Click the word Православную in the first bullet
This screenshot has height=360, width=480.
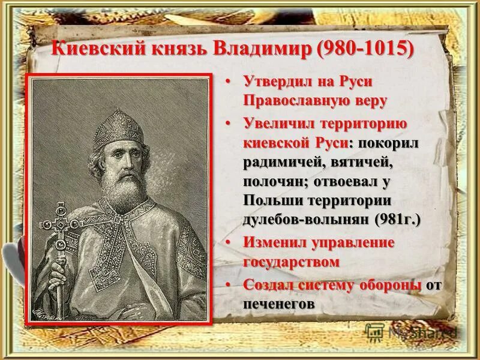click(304, 100)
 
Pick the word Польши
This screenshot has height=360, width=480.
click(273, 200)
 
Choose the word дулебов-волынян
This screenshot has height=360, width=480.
click(307, 220)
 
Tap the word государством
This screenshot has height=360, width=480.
click(292, 262)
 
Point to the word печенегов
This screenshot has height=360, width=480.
click(280, 304)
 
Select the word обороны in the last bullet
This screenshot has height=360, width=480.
click(389, 285)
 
